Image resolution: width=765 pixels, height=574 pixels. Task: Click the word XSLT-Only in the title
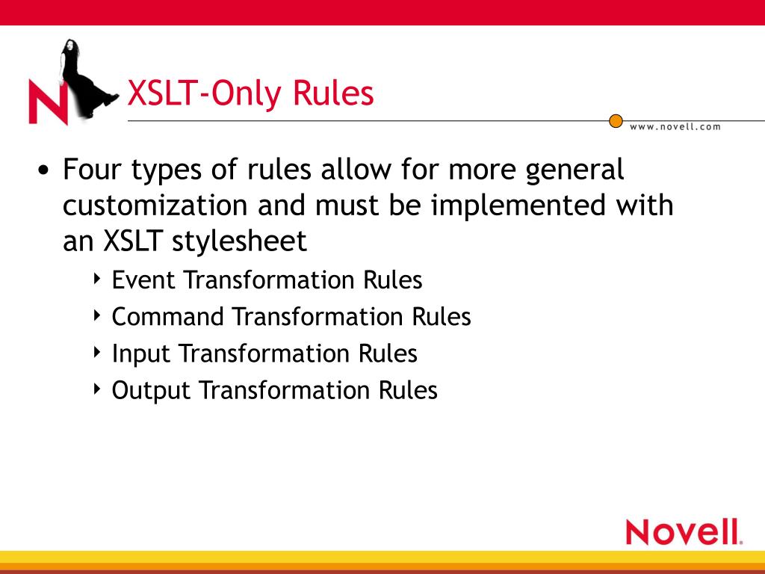point(205,93)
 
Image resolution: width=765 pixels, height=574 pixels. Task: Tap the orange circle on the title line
point(616,120)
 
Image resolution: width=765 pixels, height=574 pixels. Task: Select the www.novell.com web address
point(675,127)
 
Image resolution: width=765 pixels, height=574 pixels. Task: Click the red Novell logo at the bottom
point(684,532)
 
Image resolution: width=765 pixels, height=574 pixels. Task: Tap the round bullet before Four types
point(43,171)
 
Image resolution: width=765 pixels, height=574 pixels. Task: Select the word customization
point(155,205)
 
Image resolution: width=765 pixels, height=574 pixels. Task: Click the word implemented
point(518,205)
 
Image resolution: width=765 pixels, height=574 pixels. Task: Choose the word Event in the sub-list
point(143,280)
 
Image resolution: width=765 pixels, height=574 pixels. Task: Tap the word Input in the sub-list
point(141,354)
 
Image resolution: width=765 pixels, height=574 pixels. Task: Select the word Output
point(151,390)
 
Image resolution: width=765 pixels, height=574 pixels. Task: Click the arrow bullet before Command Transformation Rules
point(97,315)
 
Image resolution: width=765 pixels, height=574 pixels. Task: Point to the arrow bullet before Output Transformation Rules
point(97,389)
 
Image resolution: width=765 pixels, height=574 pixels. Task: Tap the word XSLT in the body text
point(132,241)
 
